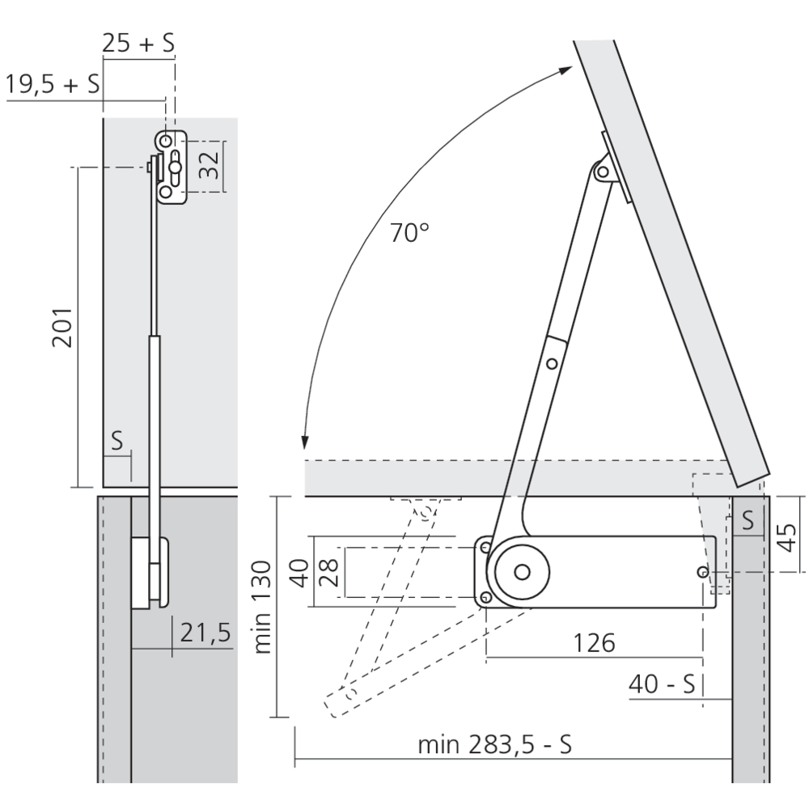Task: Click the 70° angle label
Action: (409, 233)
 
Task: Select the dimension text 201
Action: (62, 328)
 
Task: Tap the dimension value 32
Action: (209, 165)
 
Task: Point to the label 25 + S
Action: (138, 43)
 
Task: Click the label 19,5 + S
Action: (52, 83)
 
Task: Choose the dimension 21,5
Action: (205, 633)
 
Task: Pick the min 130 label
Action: (263, 608)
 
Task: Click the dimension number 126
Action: (595, 643)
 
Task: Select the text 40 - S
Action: (662, 684)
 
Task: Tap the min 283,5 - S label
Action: (495, 745)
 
